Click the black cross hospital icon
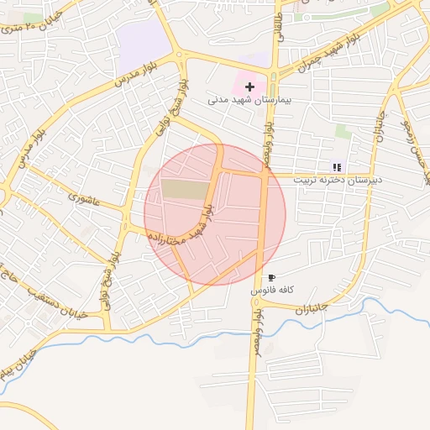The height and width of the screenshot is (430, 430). pyautogui.click(x=249, y=87)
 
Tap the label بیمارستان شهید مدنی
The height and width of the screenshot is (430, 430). pyautogui.click(x=249, y=100)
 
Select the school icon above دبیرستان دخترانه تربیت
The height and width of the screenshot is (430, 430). pyautogui.click(x=337, y=168)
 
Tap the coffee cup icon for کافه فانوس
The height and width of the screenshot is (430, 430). pyautogui.click(x=271, y=277)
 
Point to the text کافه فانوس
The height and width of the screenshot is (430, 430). pyautogui.click(x=271, y=290)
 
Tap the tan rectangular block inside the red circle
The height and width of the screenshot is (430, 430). pyautogui.click(x=184, y=189)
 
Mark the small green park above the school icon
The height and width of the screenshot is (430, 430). pyautogui.click(x=343, y=131)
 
